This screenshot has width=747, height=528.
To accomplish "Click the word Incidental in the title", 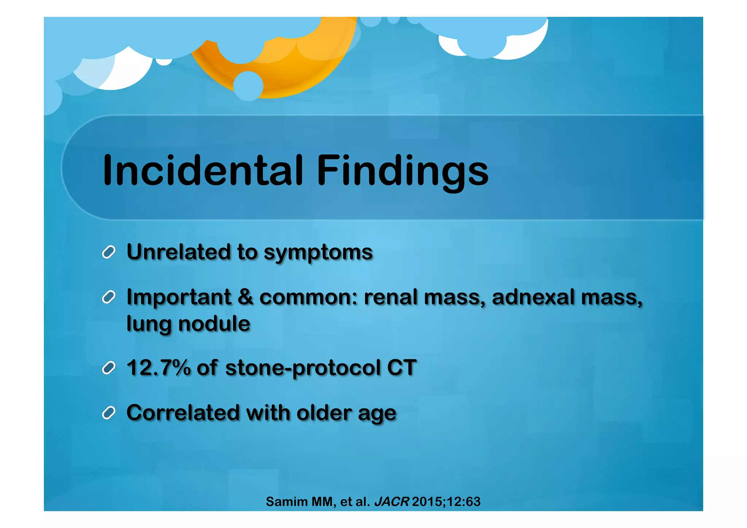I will [x=203, y=170].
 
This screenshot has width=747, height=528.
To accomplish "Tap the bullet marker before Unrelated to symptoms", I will [x=109, y=252].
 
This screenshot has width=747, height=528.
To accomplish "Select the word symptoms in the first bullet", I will [x=318, y=253].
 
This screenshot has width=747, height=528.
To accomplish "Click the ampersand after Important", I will [x=245, y=297].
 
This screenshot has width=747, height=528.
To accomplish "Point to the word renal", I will [x=391, y=297].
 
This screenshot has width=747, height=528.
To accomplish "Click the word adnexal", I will [x=533, y=297].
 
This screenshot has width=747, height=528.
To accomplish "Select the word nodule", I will [x=214, y=324].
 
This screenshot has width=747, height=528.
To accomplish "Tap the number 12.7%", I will [x=158, y=367].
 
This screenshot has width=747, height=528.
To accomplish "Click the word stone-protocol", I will [x=303, y=368].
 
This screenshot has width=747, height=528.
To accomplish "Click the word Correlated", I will [x=183, y=413].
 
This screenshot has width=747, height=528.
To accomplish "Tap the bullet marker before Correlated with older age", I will [x=109, y=413].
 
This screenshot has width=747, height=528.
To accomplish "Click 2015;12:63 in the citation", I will [x=446, y=502].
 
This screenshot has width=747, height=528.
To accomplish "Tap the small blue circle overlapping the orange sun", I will [x=248, y=86].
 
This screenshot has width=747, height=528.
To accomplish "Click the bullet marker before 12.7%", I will [x=109, y=368].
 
